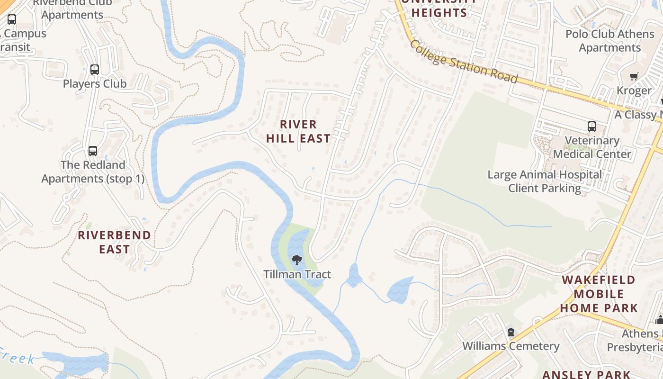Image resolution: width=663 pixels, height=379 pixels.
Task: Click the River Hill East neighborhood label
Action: click(x=298, y=131)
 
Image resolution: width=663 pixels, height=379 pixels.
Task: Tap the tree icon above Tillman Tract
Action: click(x=297, y=260)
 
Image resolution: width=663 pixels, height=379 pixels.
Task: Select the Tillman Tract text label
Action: click(x=297, y=274)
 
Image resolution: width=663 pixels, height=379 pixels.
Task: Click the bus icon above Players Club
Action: click(x=95, y=70)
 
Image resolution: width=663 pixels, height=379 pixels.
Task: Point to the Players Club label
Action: click(x=95, y=84)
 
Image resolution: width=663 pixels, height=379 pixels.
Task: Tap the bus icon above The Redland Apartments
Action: click(x=93, y=151)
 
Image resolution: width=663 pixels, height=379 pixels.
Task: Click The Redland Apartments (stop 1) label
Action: click(x=93, y=172)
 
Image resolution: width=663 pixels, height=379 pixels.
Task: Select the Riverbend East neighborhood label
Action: click(x=114, y=242)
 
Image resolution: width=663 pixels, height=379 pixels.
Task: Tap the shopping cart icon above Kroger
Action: click(x=634, y=77)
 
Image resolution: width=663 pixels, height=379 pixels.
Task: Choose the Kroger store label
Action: click(x=634, y=90)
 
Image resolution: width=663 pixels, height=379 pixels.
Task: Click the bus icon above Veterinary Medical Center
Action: click(x=592, y=126)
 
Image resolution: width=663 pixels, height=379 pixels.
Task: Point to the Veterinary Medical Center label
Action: click(x=592, y=147)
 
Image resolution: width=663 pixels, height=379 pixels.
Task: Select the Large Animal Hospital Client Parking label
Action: click(x=545, y=181)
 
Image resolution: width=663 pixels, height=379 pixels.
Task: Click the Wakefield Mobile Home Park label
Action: click(x=599, y=294)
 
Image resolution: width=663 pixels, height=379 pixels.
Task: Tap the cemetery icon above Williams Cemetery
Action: click(x=511, y=332)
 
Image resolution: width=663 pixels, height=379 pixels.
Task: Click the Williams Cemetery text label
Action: click(x=511, y=346)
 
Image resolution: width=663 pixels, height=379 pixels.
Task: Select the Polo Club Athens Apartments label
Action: click(x=609, y=41)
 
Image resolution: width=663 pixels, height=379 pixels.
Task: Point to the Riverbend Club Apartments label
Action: click(x=72, y=9)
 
